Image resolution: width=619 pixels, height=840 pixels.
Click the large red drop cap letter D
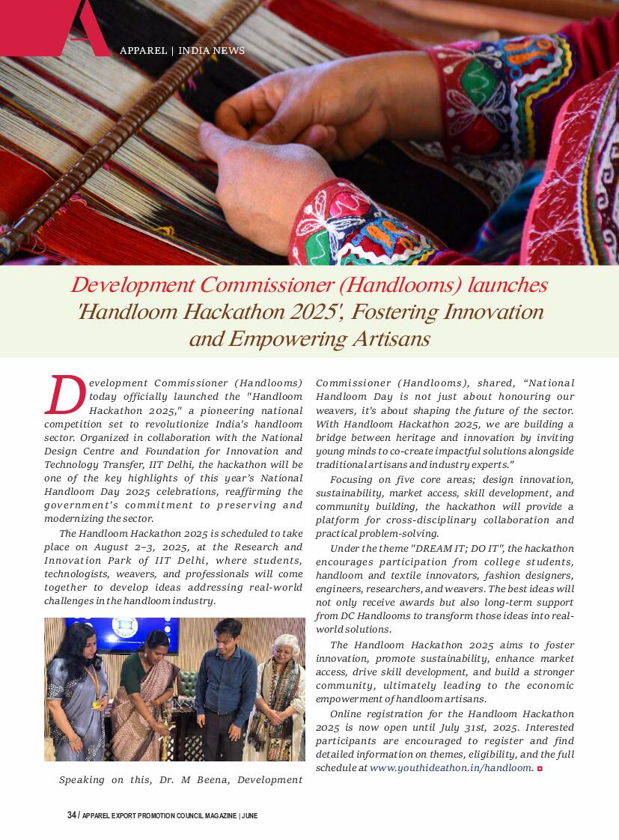pos(65,395)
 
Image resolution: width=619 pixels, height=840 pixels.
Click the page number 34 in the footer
pos(71,815)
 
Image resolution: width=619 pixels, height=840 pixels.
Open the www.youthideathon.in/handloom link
pos(451,767)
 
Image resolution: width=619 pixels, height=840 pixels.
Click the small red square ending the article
pos(540,768)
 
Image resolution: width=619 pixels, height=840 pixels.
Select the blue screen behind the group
pos(127,633)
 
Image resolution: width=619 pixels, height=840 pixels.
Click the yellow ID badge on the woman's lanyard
pos(97,704)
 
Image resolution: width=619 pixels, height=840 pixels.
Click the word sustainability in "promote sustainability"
pos(445,658)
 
